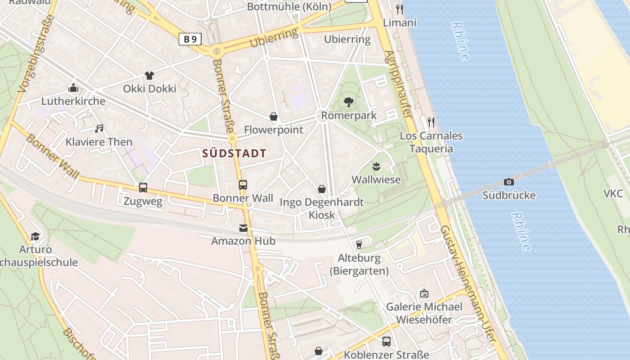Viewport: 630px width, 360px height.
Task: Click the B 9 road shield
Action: [x=190, y=39]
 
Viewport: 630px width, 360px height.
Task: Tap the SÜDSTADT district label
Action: [x=234, y=153]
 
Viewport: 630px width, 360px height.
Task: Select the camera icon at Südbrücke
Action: [x=509, y=182]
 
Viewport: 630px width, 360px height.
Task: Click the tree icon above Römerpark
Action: [x=348, y=102]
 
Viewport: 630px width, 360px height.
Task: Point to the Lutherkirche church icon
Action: [x=73, y=88]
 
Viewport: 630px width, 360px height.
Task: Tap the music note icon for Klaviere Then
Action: [x=99, y=129]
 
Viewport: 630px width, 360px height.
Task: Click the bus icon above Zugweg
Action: [x=143, y=188]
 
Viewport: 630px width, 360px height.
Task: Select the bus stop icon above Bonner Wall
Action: [x=243, y=184]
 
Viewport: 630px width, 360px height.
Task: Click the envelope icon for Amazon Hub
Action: [x=243, y=228]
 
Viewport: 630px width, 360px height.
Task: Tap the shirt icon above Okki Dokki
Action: [x=149, y=75]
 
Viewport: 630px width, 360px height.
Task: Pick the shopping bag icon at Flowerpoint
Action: [x=273, y=117]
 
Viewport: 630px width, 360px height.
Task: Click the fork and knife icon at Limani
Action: [x=399, y=9]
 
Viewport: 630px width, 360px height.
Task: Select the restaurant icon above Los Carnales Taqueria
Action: [x=431, y=122]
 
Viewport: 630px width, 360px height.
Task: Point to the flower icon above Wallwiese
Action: [x=376, y=166]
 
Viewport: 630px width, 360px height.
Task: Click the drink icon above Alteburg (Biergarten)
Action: [x=359, y=245]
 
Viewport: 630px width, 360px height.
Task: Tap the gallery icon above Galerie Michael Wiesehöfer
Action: [x=424, y=293]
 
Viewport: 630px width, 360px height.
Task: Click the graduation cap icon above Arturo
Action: [x=35, y=236]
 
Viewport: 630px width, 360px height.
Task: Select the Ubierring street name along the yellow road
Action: [x=274, y=38]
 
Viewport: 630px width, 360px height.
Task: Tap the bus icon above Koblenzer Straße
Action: [x=386, y=342]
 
